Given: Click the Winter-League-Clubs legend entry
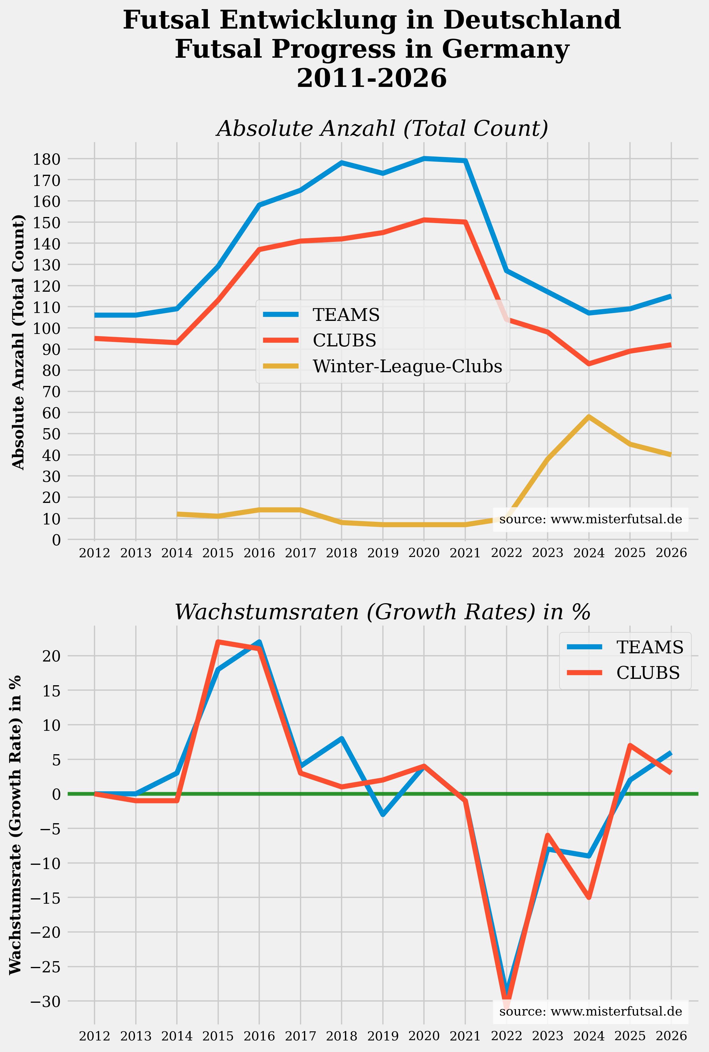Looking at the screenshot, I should [x=407, y=366].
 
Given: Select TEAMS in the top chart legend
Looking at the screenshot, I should [x=346, y=315].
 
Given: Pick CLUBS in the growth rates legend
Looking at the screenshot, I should [x=648, y=673].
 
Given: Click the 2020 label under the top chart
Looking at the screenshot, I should [x=424, y=553].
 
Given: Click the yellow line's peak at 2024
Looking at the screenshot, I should [x=588, y=416].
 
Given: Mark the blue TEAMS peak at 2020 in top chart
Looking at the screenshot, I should [x=424, y=158].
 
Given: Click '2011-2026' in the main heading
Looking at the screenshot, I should [x=372, y=78].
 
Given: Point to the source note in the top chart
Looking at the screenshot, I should [x=590, y=519].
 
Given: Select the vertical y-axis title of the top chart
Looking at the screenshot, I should [x=18, y=342].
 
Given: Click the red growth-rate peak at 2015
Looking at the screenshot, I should [x=218, y=641].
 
